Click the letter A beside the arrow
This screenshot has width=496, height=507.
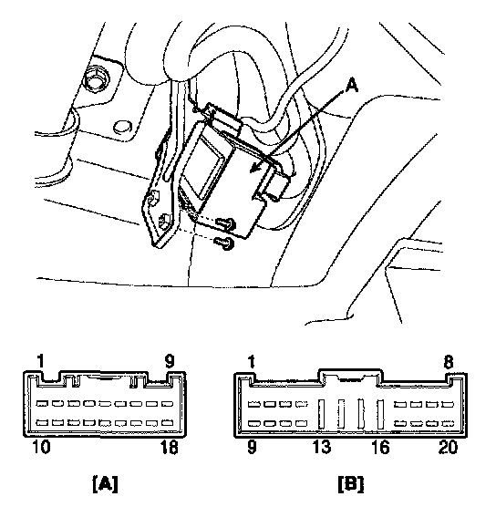352,86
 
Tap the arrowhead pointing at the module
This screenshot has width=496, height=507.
257,167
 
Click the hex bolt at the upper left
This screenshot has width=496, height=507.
96,78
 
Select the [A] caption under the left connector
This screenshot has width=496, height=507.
106,483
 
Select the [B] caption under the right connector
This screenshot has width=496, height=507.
351,483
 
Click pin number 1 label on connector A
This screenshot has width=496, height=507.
40,361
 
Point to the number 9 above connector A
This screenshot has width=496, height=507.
170,361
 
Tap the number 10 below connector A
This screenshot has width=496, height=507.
41,447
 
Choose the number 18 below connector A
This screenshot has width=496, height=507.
169,447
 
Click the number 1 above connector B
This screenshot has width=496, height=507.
252,362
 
